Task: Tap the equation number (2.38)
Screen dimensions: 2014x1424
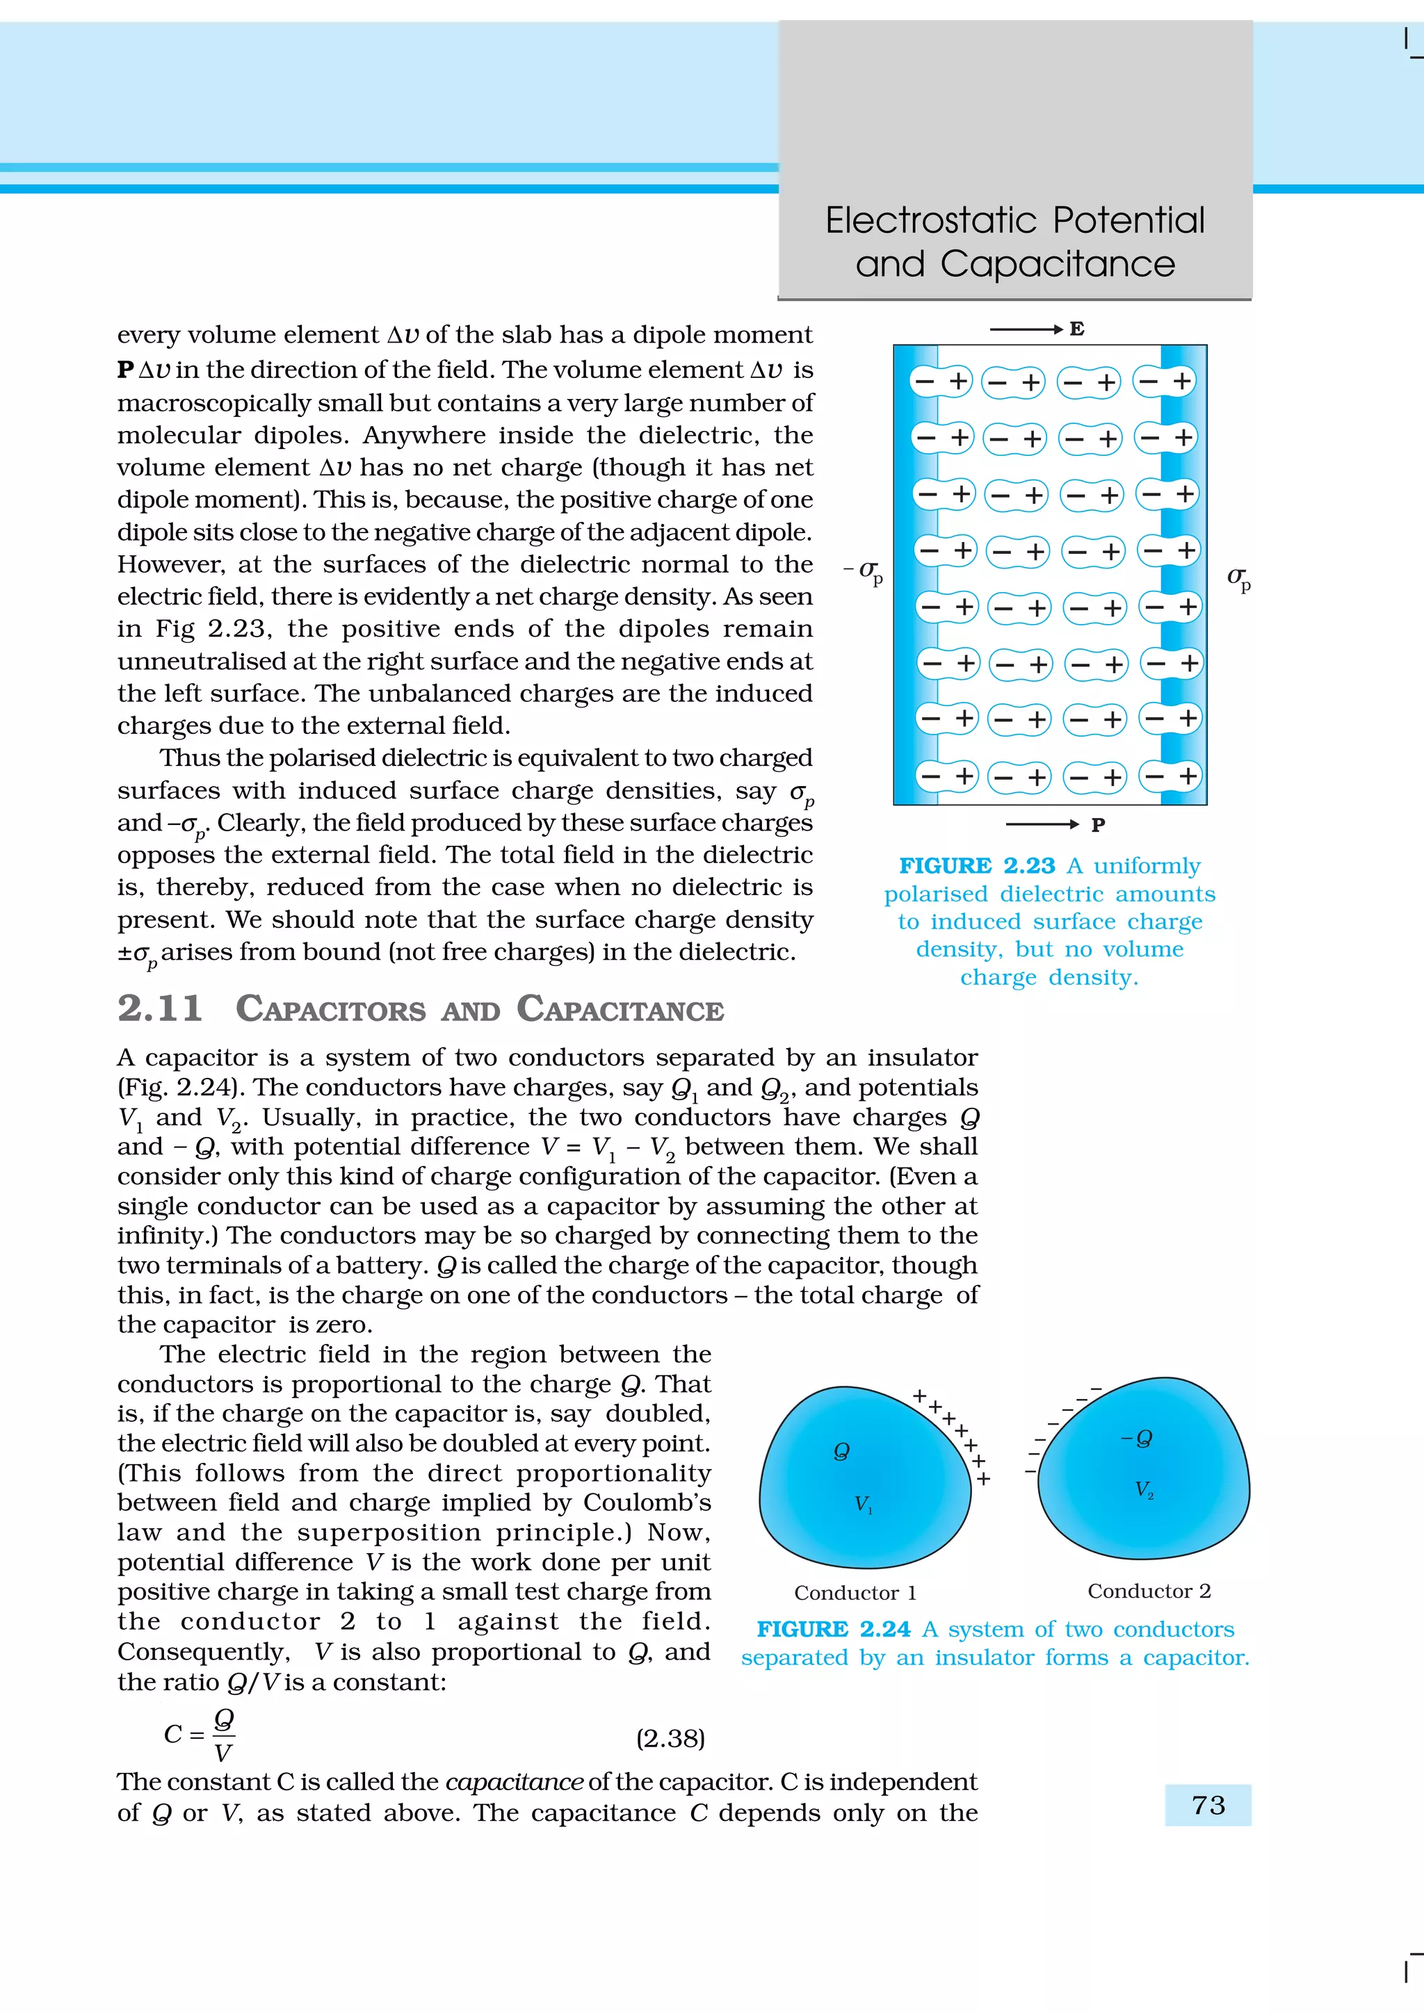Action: click(670, 1737)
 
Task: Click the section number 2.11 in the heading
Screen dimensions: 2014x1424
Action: click(161, 1009)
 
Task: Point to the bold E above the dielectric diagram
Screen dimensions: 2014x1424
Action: click(1076, 330)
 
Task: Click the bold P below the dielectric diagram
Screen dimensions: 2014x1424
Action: click(1098, 824)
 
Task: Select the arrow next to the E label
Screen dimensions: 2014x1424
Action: click(1026, 330)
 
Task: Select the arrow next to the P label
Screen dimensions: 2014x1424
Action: click(1042, 824)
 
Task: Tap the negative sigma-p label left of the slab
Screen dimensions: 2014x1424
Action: click(865, 572)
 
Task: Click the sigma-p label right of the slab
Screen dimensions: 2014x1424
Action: click(1238, 578)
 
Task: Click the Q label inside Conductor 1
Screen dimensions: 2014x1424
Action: click(841, 1451)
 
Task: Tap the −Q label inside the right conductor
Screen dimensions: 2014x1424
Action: click(1137, 1439)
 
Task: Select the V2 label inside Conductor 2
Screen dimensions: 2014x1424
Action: click(1144, 1489)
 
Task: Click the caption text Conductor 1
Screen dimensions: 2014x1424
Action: click(855, 1593)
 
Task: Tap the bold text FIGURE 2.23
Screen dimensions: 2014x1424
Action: click(976, 866)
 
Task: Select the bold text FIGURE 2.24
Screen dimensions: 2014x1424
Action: click(834, 1630)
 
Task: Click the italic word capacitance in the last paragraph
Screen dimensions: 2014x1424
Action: click(514, 1783)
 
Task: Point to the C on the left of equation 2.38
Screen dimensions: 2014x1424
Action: click(173, 1735)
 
